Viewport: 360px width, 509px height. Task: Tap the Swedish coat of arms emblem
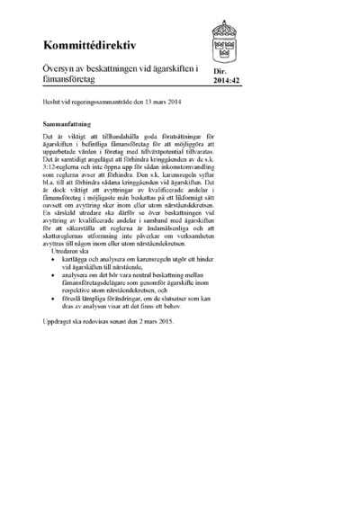pyautogui.click(x=224, y=38)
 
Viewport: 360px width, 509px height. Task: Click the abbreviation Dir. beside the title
pyautogui.click(x=219, y=71)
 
